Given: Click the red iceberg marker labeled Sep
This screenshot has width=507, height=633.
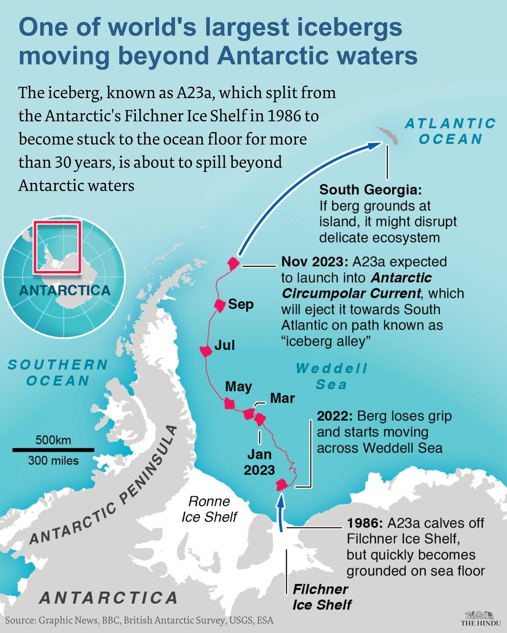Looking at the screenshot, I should click(x=219, y=305).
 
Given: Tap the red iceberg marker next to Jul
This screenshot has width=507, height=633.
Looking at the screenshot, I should click(x=205, y=351).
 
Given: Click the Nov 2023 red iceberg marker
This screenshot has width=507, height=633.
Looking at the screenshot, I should click(x=233, y=264).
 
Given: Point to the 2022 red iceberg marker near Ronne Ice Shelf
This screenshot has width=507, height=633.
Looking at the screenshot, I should click(x=281, y=485).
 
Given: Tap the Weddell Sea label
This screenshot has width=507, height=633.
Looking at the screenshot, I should click(x=332, y=376).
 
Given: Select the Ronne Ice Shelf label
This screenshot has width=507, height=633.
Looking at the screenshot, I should click(x=209, y=509).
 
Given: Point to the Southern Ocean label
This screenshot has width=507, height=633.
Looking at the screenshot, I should click(x=58, y=372).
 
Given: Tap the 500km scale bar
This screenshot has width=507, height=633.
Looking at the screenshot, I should click(x=53, y=450).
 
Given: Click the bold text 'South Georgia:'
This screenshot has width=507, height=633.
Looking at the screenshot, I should click(x=370, y=190).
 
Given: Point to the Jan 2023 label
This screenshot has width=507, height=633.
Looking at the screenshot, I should click(x=259, y=462).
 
